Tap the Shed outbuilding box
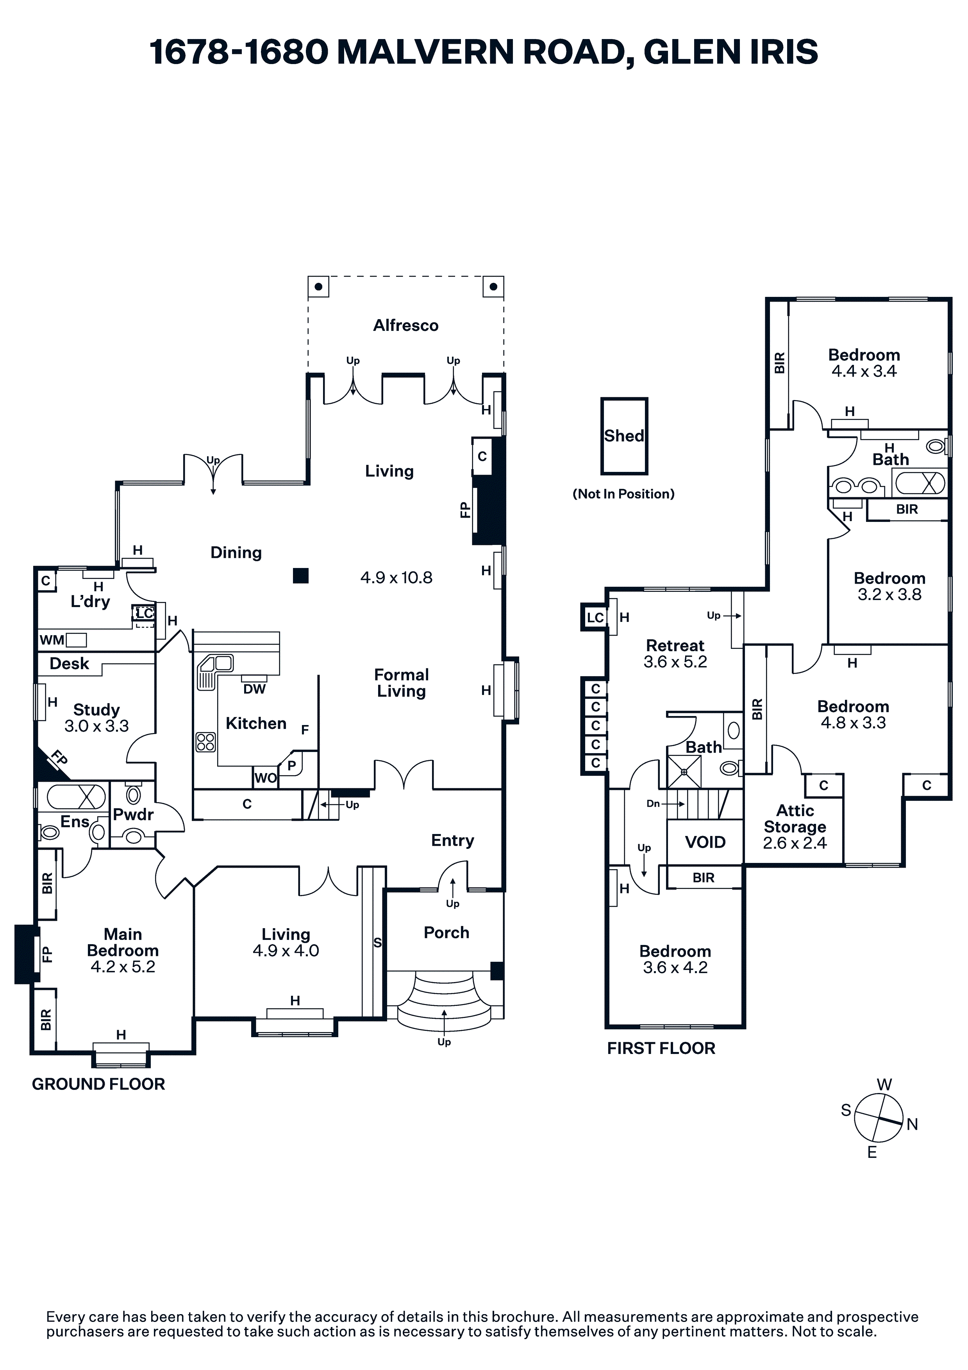point(624,436)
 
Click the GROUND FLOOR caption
point(98,1084)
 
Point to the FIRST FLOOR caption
point(661,1048)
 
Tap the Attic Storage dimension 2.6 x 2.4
point(795,843)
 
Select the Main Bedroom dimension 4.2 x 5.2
point(123,966)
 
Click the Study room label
point(96,710)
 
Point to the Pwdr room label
point(133,814)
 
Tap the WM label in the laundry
point(52,640)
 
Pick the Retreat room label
point(675,646)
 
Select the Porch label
point(446,932)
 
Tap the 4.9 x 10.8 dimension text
point(396,578)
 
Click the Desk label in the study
point(69,664)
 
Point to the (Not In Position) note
point(623,494)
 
